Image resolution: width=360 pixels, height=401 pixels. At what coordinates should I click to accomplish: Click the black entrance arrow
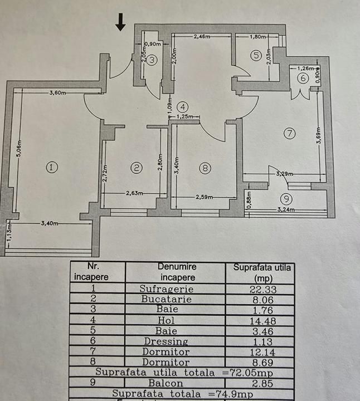(120, 22)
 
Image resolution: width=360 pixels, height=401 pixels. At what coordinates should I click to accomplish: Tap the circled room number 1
(52, 167)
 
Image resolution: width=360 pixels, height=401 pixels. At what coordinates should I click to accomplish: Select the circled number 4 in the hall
(183, 107)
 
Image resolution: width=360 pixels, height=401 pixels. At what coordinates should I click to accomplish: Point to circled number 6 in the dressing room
(303, 78)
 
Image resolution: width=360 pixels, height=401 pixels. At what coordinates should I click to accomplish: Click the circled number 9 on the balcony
(286, 198)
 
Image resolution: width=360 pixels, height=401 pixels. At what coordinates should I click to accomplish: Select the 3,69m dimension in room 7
(319, 136)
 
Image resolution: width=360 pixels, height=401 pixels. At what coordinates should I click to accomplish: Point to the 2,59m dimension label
(204, 197)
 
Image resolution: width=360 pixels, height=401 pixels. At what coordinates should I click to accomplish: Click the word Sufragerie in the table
(167, 288)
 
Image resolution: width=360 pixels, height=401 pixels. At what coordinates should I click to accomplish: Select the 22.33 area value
(263, 289)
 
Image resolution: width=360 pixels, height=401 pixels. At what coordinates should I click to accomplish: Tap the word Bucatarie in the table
(167, 299)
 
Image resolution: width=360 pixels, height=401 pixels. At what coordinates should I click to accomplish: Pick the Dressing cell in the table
(166, 341)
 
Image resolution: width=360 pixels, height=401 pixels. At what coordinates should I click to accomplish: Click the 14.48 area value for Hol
(263, 321)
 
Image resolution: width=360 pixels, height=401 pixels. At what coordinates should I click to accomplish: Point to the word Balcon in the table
(166, 383)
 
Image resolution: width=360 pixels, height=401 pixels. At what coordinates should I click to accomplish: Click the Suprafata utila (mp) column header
(262, 272)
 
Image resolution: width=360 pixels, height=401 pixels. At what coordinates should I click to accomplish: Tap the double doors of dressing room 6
(301, 95)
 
